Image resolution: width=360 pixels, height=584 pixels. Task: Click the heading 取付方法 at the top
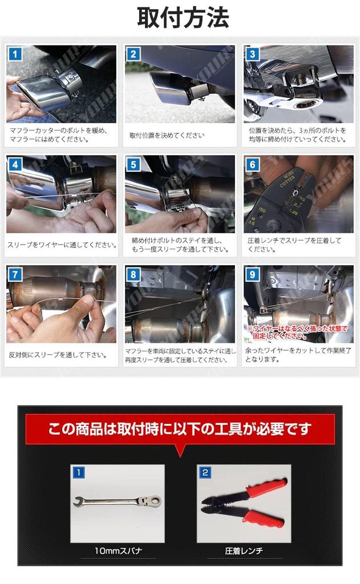click(x=183, y=18)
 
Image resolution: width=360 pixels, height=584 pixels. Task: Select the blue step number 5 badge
click(x=134, y=164)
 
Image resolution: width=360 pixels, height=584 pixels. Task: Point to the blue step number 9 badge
click(x=252, y=274)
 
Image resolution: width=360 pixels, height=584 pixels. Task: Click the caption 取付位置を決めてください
click(x=166, y=135)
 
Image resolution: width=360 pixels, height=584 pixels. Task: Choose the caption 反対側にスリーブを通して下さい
click(x=58, y=355)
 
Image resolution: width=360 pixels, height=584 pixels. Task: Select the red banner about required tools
click(x=180, y=428)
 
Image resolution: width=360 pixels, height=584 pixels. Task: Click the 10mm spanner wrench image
click(x=117, y=502)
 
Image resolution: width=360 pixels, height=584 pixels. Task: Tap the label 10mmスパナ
click(x=118, y=551)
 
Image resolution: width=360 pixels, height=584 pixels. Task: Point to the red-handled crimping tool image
click(x=244, y=502)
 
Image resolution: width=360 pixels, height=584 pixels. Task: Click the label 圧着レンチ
click(x=244, y=551)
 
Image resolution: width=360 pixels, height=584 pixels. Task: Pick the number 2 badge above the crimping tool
click(x=205, y=472)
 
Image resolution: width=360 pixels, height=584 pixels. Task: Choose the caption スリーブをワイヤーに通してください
click(x=62, y=245)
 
